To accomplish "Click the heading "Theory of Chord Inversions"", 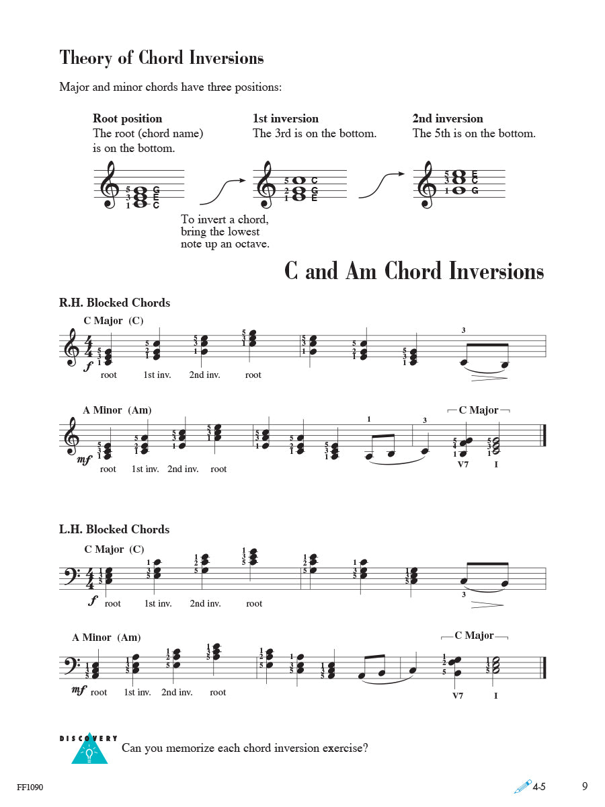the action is coord(161,58).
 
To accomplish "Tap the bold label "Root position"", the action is coord(127,119).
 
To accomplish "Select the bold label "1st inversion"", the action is coord(286,119).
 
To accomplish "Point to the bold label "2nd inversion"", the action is coord(448,119).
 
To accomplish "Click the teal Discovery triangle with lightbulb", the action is coord(89,751).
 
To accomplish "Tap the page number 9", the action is coord(585,786).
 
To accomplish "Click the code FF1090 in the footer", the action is coord(28,787).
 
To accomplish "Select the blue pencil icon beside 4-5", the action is coord(522,786).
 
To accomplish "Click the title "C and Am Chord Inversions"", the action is coord(413,271).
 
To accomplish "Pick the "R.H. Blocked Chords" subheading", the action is coord(114,303).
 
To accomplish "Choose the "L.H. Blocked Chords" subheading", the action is coord(114,529).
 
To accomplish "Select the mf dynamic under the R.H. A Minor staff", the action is coord(85,460).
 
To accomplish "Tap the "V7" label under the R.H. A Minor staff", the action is coord(462,464).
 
